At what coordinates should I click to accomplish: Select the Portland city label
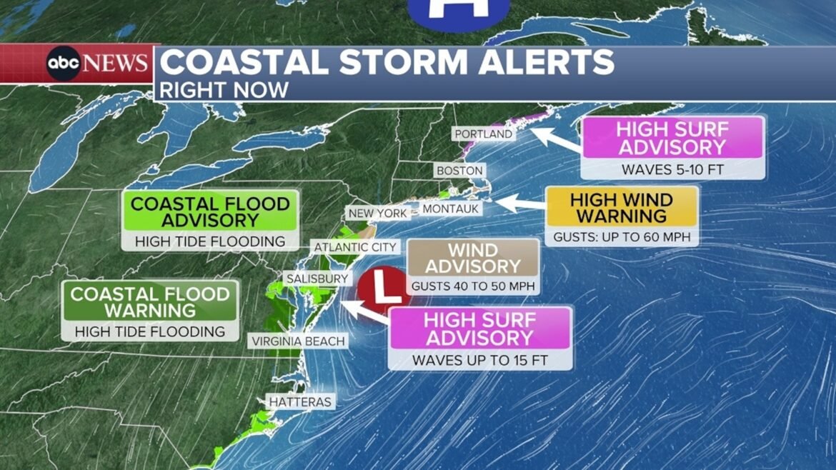[x=484, y=134]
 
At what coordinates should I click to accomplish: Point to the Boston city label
[x=459, y=171]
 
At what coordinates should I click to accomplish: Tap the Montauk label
[x=450, y=209]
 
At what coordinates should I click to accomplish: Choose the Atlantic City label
[x=355, y=246]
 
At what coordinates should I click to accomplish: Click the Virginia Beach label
[x=298, y=341]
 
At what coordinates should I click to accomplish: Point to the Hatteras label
[x=300, y=402]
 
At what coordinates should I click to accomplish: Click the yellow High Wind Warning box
[x=621, y=207]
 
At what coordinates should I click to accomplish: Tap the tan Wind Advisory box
[x=474, y=258]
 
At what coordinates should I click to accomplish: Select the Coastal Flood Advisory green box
[x=210, y=212]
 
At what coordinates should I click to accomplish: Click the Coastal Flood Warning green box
[x=149, y=301]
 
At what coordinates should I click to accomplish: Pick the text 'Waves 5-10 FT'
[x=672, y=169]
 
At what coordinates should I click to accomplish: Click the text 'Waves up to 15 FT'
[x=479, y=360]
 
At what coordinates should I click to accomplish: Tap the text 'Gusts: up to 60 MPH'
[x=621, y=236]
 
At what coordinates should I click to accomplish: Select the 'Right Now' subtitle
[x=224, y=89]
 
